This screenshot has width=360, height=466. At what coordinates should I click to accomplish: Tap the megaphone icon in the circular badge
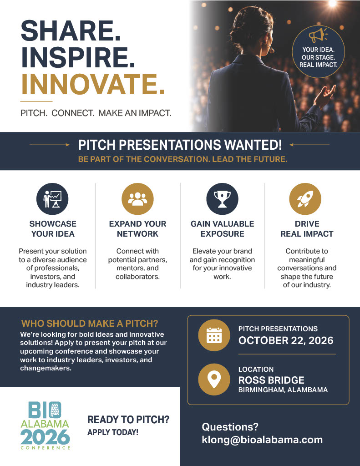coord(318,35)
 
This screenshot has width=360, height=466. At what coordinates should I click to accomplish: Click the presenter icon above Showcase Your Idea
coord(52,199)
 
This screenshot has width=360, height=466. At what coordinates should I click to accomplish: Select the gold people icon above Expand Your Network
coord(137,199)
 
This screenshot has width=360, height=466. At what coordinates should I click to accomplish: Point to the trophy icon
coord(223,199)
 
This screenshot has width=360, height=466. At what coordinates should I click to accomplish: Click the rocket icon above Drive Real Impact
coord(305,199)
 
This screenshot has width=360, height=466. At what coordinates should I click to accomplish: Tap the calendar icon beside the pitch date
coord(214,335)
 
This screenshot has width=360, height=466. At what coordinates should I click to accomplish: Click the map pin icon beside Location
coord(214,380)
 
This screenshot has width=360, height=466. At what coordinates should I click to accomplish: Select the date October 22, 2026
coord(286,340)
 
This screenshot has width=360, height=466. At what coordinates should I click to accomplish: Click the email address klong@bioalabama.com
coord(262,440)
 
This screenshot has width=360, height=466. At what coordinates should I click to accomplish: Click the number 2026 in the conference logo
coord(45,437)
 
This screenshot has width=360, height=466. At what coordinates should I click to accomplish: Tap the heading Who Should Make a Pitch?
coord(90,324)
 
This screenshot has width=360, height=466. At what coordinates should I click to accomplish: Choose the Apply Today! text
coord(113,432)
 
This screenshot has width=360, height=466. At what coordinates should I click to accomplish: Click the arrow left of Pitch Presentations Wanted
coord(50,145)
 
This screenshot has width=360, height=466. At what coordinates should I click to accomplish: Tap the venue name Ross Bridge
coord(271,380)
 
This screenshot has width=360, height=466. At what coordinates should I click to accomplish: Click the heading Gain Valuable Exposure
coord(223,229)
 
